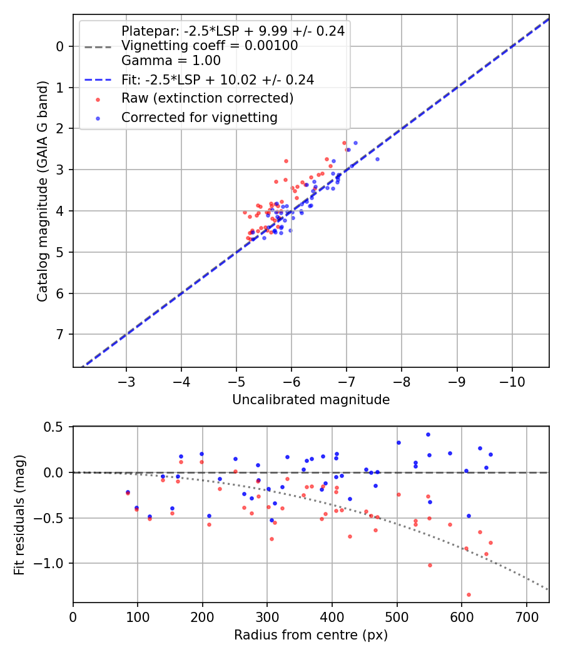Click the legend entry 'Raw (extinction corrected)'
207,98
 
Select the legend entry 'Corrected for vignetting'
200,117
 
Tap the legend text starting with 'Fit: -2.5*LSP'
218,79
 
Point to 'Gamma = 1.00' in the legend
171,61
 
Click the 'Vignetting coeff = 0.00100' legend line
210,46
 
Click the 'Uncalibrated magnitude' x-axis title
311,400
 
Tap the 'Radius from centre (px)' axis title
311,635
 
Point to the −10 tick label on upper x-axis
512,381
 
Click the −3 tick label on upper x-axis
126,381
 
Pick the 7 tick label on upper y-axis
60,334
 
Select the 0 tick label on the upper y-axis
60,46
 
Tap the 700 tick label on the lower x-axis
526,616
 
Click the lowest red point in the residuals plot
469,594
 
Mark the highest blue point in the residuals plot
428,434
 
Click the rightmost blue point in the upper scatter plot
377,159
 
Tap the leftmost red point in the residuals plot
128,493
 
